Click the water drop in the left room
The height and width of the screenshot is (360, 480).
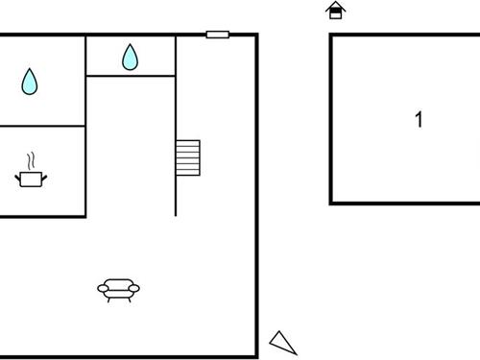click(30, 82)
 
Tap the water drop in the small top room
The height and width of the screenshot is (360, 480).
click(130, 58)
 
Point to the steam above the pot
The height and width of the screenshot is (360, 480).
click(32, 159)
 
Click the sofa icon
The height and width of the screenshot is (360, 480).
click(119, 289)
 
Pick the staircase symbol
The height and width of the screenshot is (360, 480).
click(187, 157)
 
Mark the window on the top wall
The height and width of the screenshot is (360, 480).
click(218, 35)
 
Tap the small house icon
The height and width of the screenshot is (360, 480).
click(335, 11)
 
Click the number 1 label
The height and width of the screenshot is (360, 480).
click(419, 120)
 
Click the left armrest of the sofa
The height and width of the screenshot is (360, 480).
click(103, 287)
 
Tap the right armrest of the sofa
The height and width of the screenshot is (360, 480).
click(135, 287)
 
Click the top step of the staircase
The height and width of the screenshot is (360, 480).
click(187, 143)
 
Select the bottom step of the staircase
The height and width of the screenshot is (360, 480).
click(187, 172)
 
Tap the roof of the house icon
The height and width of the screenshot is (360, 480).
click(335, 6)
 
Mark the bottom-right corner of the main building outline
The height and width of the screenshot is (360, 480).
click(257, 356)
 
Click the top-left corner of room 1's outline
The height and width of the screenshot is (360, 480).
click(331, 36)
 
